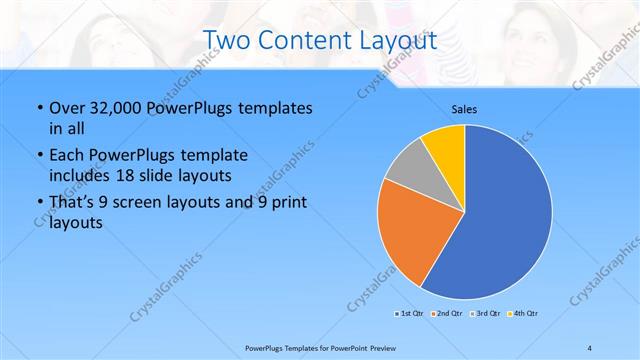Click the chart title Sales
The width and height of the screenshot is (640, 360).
[x=463, y=108]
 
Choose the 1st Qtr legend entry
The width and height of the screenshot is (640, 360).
[x=410, y=314]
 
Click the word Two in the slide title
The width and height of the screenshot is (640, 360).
[x=229, y=41]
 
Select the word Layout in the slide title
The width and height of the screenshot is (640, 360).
[x=397, y=41]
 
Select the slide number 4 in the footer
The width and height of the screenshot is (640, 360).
[x=589, y=347]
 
